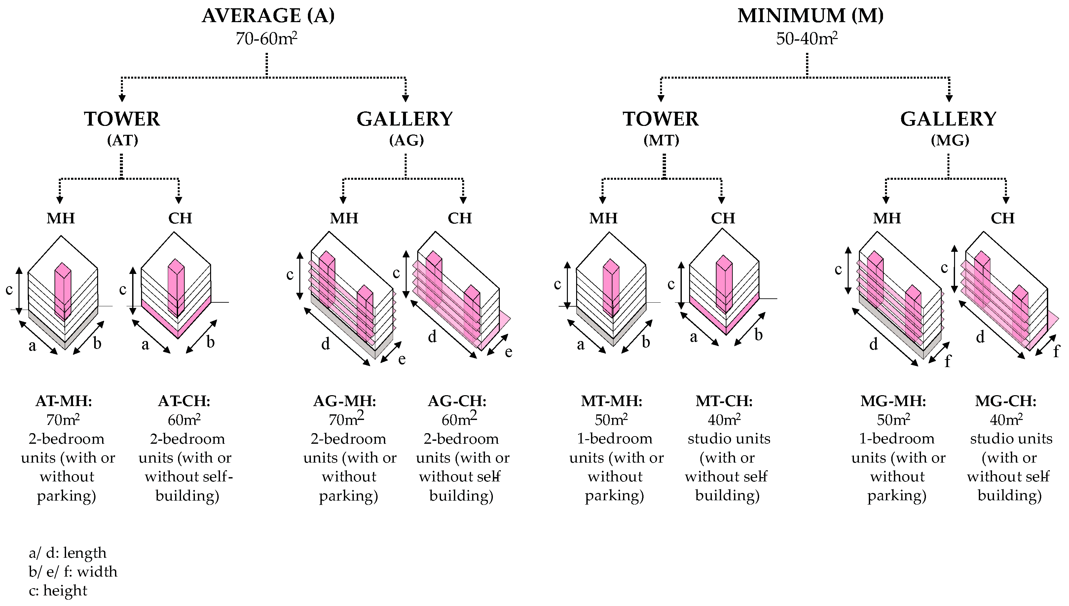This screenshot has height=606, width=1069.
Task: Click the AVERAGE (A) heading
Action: tap(268, 16)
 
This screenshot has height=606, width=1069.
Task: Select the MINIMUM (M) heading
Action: tap(810, 16)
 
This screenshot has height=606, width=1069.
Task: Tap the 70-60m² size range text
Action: tap(266, 39)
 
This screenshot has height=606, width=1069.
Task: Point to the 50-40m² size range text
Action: tap(806, 39)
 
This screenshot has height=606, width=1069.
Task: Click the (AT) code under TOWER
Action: tap(122, 140)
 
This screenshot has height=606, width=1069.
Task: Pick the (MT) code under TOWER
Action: tap(661, 140)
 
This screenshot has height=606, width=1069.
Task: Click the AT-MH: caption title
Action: tap(64, 401)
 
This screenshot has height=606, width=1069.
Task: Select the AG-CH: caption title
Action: tap(457, 401)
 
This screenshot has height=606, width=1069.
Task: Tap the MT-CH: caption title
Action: tap(724, 401)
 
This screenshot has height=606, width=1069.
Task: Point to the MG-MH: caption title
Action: tap(893, 401)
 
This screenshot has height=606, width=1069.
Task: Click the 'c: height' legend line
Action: tap(58, 590)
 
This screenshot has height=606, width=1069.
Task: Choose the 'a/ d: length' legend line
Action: tap(67, 553)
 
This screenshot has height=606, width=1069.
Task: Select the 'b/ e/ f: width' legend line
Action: tap(73, 571)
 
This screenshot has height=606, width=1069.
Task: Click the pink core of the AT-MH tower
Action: tap(63, 291)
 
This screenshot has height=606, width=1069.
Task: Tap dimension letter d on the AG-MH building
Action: tap(325, 344)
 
